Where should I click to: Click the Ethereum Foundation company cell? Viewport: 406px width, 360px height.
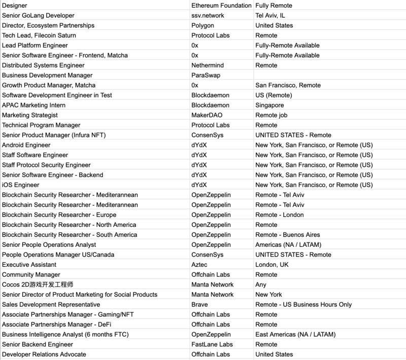[x=221, y=6]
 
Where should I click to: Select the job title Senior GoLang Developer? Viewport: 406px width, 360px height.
[x=38, y=16]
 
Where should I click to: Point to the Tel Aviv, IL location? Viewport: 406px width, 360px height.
[x=274, y=16]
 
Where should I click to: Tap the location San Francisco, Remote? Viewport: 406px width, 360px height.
[x=288, y=85]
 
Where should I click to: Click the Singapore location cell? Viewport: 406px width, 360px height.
[x=269, y=105]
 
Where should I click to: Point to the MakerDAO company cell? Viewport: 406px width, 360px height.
[x=207, y=115]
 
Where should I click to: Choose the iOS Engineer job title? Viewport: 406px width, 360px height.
[x=20, y=185]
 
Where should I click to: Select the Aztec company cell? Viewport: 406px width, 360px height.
[x=200, y=265]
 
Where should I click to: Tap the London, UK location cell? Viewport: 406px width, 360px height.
[x=273, y=265]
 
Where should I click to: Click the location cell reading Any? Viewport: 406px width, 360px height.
[x=261, y=284]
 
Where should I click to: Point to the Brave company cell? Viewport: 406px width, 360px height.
[x=200, y=305]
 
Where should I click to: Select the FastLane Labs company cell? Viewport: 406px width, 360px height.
[x=212, y=344]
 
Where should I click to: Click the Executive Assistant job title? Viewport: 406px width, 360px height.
[x=29, y=265]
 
